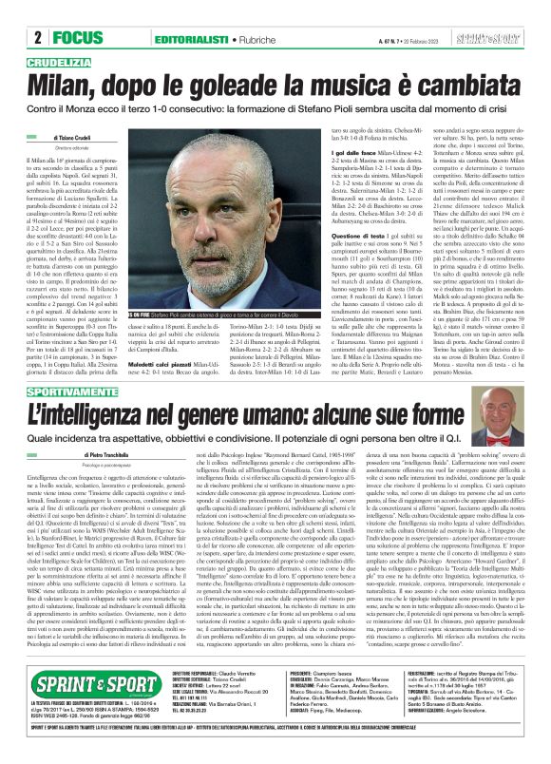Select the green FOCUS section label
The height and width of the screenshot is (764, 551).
[78, 37]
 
